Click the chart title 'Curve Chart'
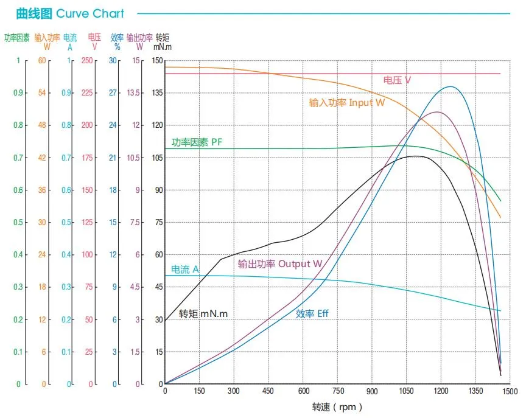pyautogui.click(x=90, y=13)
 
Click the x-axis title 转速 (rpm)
pyautogui.click(x=337, y=407)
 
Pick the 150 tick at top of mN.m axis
pyautogui.click(x=157, y=61)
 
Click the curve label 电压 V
pyautogui.click(x=397, y=80)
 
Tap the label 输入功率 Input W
pyautogui.click(x=347, y=103)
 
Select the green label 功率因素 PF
pyautogui.click(x=197, y=142)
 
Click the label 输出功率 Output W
pyautogui.click(x=280, y=264)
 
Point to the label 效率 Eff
pyautogui.click(x=312, y=314)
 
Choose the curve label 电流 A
pyautogui.click(x=185, y=269)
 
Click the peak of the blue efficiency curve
pyautogui.click(x=451, y=86)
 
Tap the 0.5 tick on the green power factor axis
pyautogui.click(x=18, y=223)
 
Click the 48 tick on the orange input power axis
pyautogui.click(x=42, y=125)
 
